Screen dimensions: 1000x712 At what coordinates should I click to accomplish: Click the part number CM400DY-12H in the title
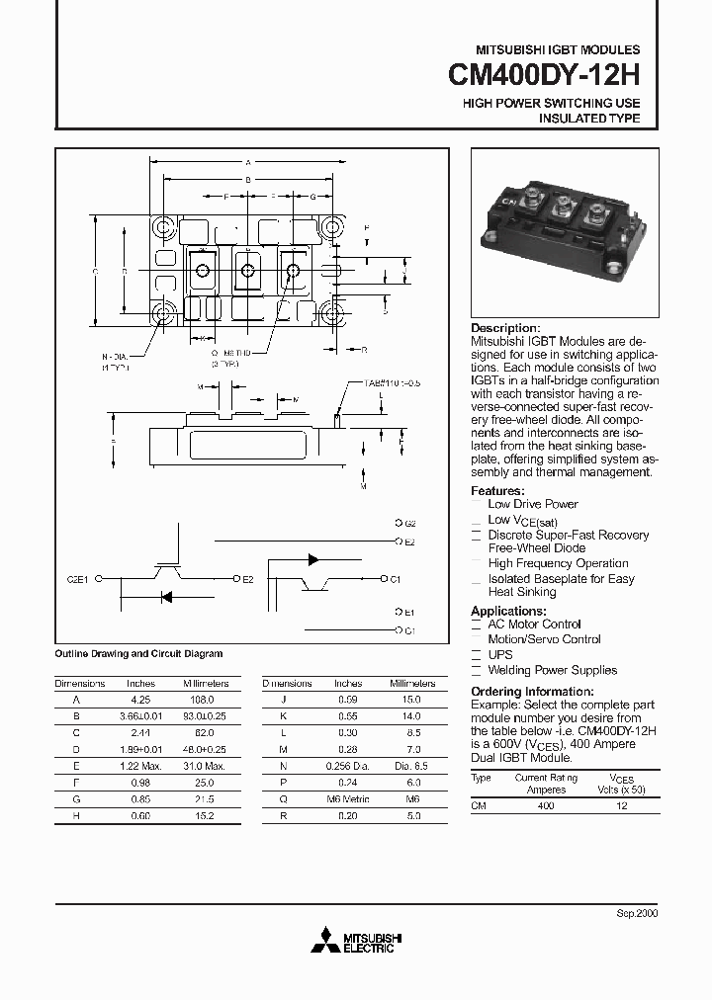coord(544,76)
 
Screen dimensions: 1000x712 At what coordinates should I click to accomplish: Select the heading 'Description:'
coord(505,328)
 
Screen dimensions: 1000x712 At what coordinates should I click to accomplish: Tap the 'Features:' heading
coord(496,491)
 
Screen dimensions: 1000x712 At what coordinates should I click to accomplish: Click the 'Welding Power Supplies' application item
coord(552,670)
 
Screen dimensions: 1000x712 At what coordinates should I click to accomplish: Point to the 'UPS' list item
coord(499,655)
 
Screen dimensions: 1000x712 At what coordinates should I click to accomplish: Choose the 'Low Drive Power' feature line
coord(533,504)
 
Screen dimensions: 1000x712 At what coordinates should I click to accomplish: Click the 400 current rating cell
coord(546,806)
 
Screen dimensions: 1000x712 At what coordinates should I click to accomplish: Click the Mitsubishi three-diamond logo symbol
coord(323,943)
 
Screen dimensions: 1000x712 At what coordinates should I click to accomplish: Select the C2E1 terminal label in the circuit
coord(78,580)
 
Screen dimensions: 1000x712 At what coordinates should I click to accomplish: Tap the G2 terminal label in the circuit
coord(410,522)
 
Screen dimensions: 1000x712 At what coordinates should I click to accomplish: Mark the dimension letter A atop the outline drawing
coord(247,161)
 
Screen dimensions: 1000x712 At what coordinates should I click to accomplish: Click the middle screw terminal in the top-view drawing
coord(246,270)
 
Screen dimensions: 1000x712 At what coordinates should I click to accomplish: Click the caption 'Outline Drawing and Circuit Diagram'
coord(138,653)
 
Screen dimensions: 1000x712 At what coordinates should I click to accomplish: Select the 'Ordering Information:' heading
coord(532,691)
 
